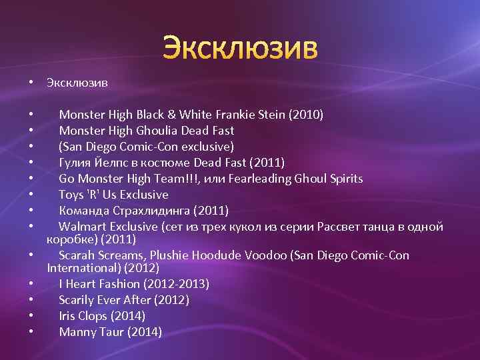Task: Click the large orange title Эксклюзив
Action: point(241,48)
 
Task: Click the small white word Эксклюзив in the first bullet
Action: point(77,83)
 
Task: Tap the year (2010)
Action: point(306,115)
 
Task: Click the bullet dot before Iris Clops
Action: point(31,316)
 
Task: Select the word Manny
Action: point(76,332)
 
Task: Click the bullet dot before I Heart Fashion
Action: point(31,284)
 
